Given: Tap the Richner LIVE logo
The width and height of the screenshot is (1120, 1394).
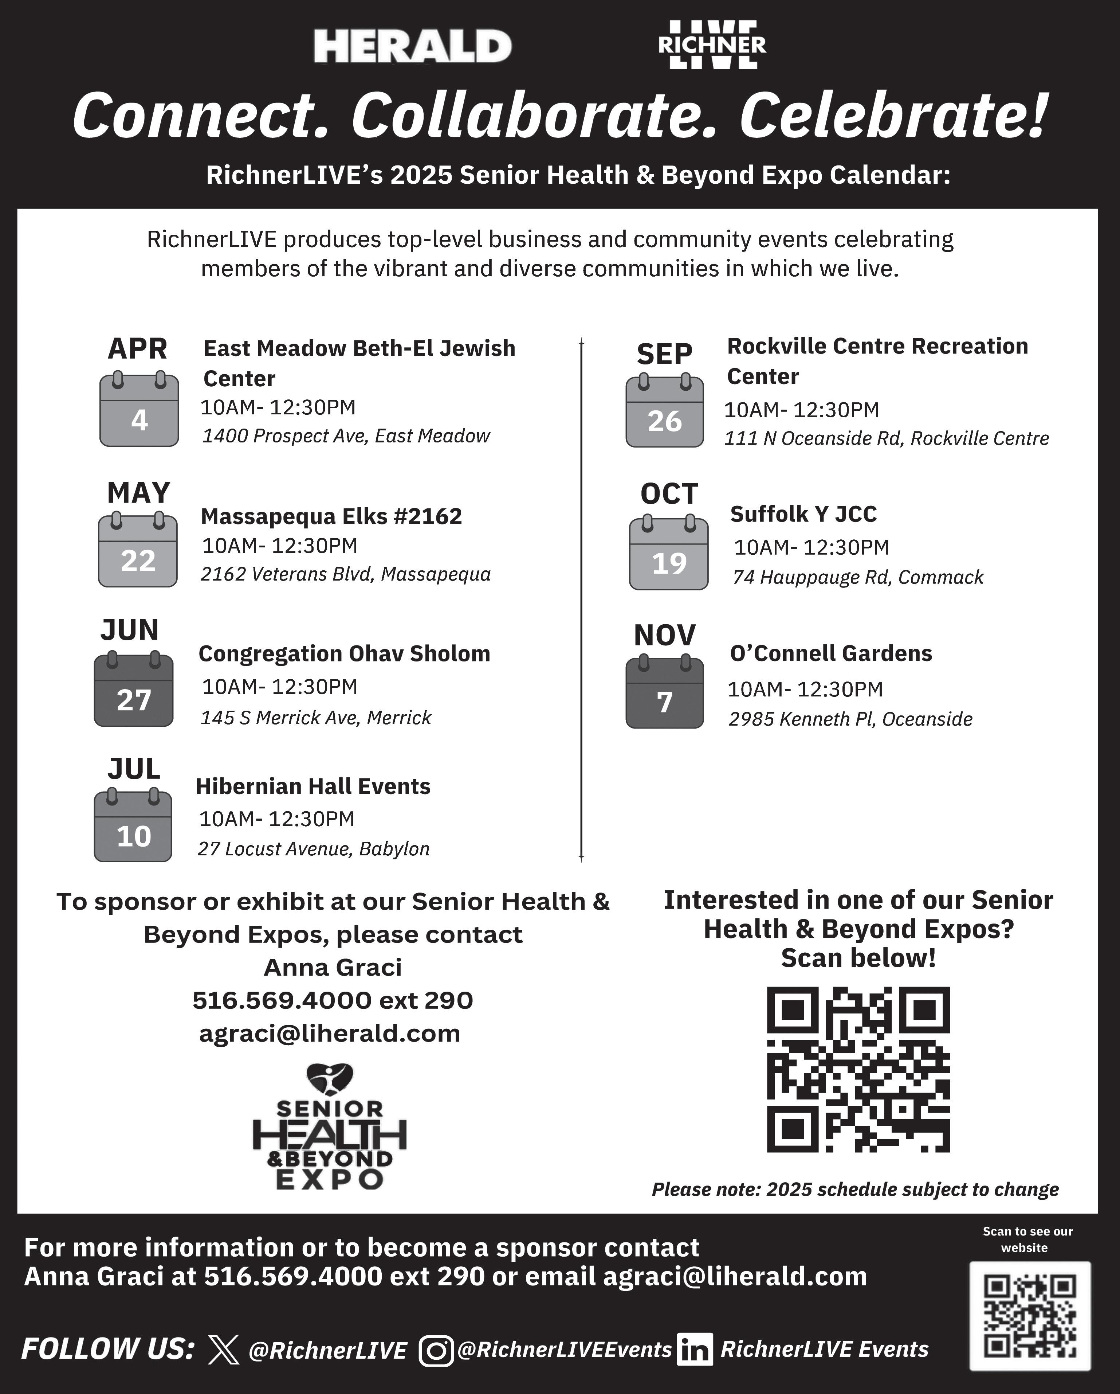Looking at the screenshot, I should click(712, 44).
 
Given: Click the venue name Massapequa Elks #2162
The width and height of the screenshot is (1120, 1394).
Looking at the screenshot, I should click(331, 516).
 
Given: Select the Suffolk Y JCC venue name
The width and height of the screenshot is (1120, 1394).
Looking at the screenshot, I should click(803, 514).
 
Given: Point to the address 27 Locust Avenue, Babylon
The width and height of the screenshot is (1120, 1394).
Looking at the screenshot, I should click(314, 848).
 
